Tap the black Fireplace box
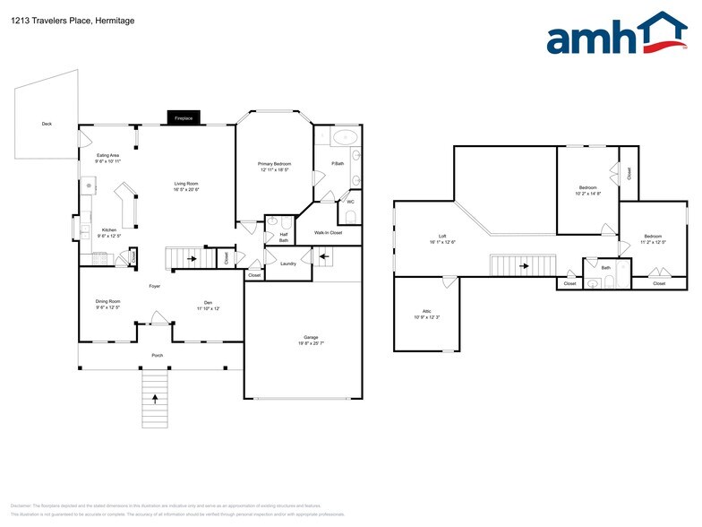[184, 118]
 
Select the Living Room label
[185, 186]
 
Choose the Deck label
[47, 124]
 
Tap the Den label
[208, 305]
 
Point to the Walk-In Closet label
[329, 233]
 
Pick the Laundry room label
[287, 263]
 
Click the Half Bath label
[283, 238]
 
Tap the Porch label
[157, 355]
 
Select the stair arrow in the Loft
[523, 264]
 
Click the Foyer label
[155, 286]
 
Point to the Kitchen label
[108, 230]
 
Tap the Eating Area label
[108, 156]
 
